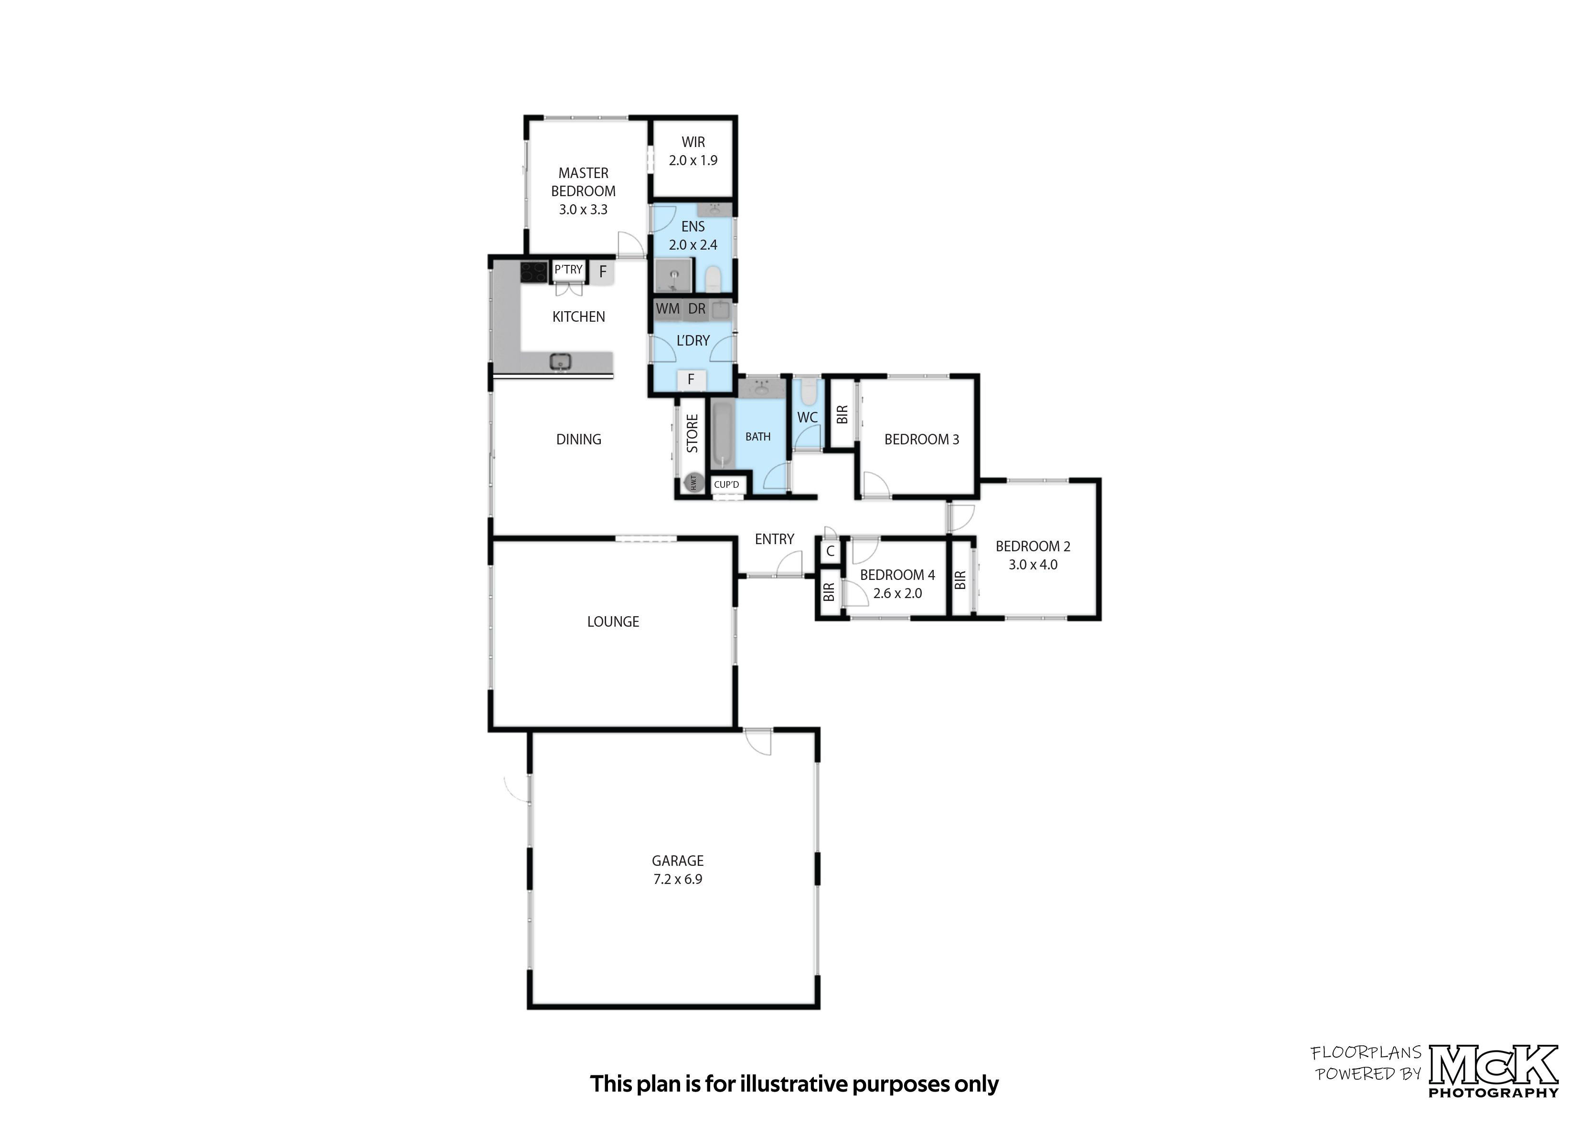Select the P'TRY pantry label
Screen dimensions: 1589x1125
click(568, 270)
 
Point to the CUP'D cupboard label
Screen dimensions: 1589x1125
click(726, 484)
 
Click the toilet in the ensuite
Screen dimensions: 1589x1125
click(713, 279)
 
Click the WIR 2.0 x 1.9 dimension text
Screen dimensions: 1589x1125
click(693, 160)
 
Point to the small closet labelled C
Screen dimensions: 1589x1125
click(830, 551)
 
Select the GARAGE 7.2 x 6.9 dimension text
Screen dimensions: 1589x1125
click(677, 879)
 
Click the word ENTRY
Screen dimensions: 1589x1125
click(774, 539)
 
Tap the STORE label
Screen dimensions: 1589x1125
click(692, 434)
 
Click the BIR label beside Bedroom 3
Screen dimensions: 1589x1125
click(842, 414)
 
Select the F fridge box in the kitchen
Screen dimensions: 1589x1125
click(602, 272)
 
